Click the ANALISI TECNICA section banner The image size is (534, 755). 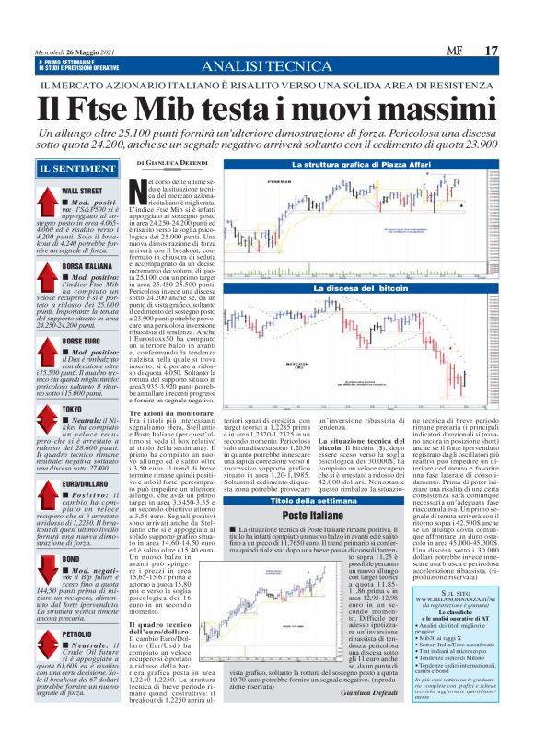coord(266,67)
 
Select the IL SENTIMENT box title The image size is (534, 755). coord(70,168)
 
